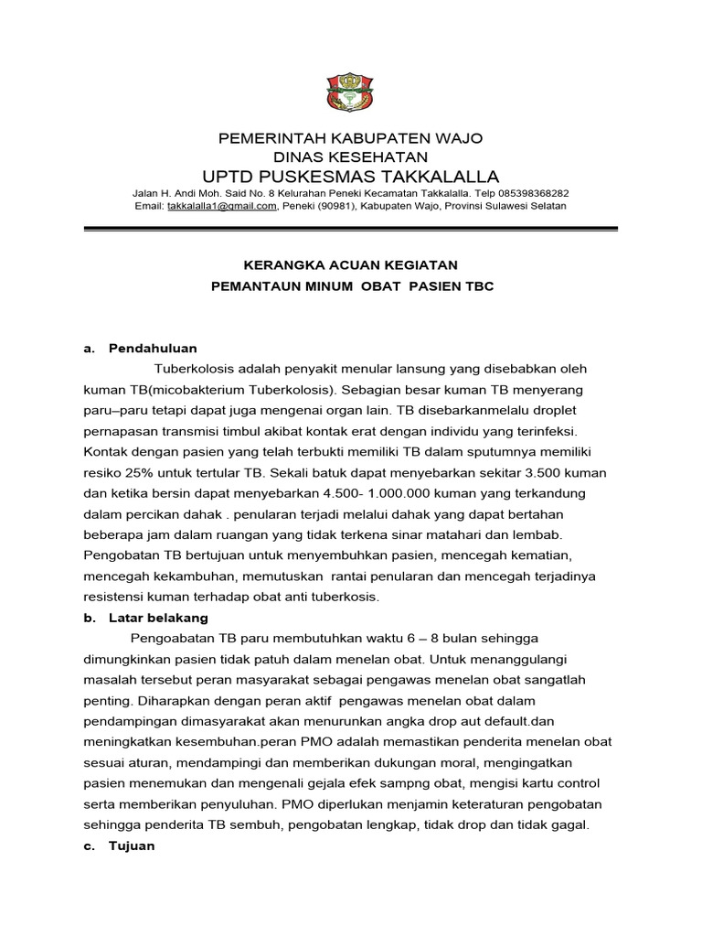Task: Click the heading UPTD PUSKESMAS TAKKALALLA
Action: point(349,176)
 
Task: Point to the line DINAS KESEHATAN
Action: point(349,156)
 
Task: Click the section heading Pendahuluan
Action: point(153,348)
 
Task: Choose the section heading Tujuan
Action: point(132,845)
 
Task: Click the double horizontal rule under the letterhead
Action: point(349,230)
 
